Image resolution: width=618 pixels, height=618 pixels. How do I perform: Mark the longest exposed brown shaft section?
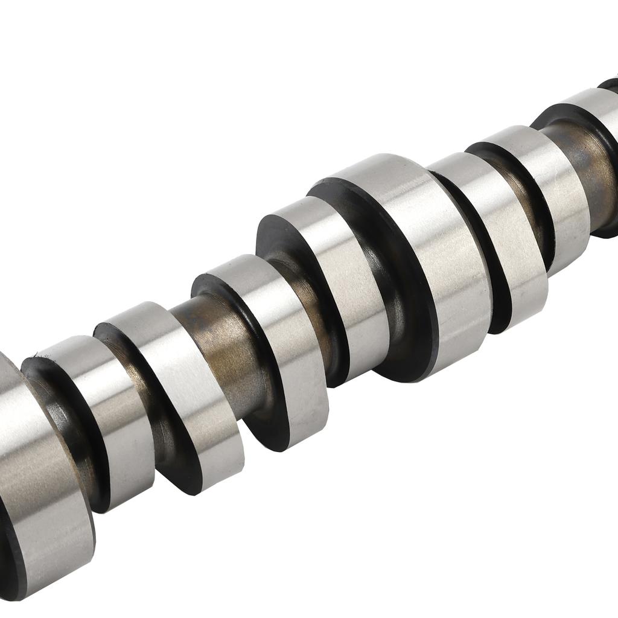tap(223, 338)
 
